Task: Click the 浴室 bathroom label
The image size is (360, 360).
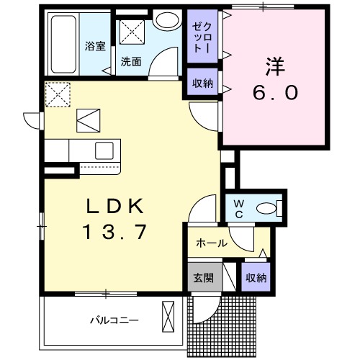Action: pyautogui.click(x=95, y=47)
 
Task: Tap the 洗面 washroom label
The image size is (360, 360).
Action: pyautogui.click(x=130, y=62)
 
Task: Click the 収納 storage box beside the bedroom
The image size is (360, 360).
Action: pyautogui.click(x=202, y=83)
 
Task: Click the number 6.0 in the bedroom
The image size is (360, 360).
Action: pyautogui.click(x=274, y=93)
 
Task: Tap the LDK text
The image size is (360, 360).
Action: pyautogui.click(x=117, y=207)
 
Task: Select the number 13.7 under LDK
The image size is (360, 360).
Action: pyautogui.click(x=117, y=232)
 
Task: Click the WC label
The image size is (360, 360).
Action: pyautogui.click(x=237, y=208)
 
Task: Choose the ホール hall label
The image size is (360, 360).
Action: pyautogui.click(x=212, y=243)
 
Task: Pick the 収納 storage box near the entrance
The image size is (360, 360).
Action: pyautogui.click(x=255, y=278)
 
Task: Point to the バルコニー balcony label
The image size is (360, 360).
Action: pyautogui.click(x=114, y=320)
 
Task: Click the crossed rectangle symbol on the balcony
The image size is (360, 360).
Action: pyautogui.click(x=169, y=318)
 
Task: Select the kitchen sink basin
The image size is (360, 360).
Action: pyautogui.click(x=103, y=150)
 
